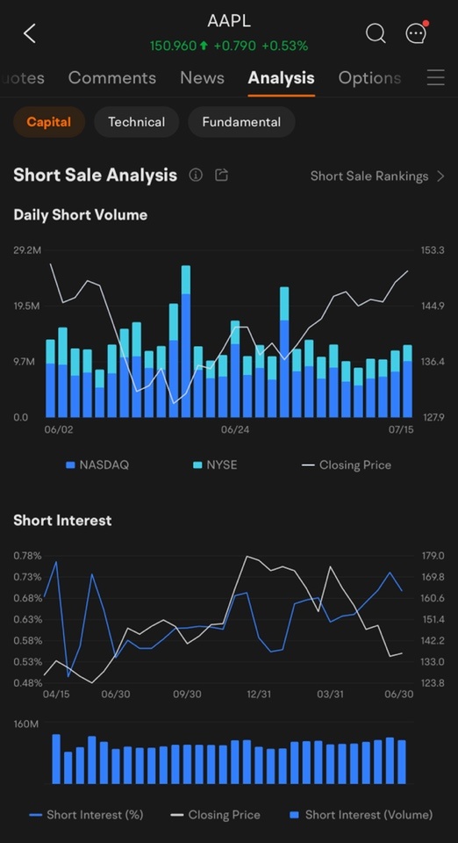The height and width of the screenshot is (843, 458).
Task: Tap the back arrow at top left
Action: tap(30, 33)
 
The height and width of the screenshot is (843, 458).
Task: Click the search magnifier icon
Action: tap(376, 33)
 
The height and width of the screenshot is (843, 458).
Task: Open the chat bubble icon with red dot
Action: tap(417, 32)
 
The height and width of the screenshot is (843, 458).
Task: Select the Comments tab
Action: tap(112, 78)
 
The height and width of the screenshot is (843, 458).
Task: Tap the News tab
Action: tap(202, 78)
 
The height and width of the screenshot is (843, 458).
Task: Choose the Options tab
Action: tap(369, 78)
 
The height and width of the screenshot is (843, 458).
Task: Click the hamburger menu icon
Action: tap(435, 78)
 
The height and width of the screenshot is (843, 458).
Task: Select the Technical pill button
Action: tap(136, 122)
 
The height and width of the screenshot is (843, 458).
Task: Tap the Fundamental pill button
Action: tap(241, 122)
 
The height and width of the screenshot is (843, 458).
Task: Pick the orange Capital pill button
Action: tap(49, 122)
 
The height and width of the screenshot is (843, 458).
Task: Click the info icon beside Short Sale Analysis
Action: tap(196, 175)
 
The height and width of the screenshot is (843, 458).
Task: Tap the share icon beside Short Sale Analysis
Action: tap(222, 175)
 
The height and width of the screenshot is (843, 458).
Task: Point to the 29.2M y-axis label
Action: tap(27, 250)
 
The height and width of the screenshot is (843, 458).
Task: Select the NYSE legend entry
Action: tap(215, 465)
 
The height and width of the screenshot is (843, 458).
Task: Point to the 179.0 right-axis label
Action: tap(433, 555)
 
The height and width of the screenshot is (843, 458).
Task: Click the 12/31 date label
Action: tap(259, 694)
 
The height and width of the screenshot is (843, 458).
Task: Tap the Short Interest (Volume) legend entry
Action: tap(361, 815)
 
